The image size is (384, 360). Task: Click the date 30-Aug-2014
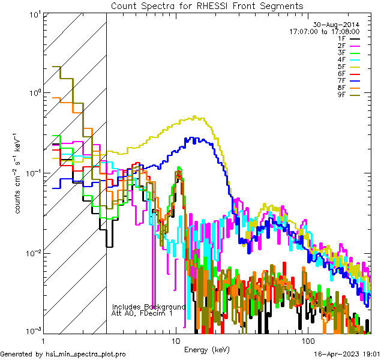337,24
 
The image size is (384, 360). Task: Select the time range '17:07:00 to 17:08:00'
324,31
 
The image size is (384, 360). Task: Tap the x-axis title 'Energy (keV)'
206,349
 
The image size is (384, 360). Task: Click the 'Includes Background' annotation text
149,307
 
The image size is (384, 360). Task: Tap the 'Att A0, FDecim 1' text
142,313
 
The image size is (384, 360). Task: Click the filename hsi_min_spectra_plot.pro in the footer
86,354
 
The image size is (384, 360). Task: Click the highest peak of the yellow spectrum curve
194,116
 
